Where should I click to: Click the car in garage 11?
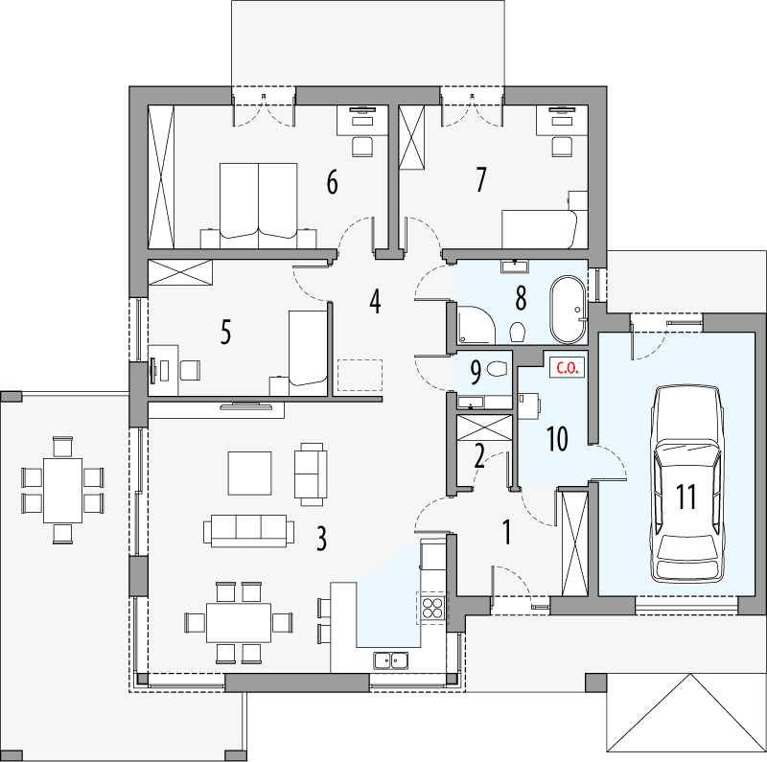coord(686,483)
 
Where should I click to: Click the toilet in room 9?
coord(497,368)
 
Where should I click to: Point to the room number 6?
coord(332,181)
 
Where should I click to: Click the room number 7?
coord(480,178)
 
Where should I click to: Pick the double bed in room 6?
coord(259,199)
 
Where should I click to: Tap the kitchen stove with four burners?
coord(432,606)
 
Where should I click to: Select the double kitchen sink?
coord(390,658)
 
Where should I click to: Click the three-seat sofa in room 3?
coord(248,530)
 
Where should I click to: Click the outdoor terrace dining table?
coord(63,490)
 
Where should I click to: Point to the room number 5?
coord(225,333)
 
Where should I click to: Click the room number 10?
coord(557,439)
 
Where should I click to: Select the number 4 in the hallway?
coord(375,302)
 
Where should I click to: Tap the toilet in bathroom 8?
coord(518,332)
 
